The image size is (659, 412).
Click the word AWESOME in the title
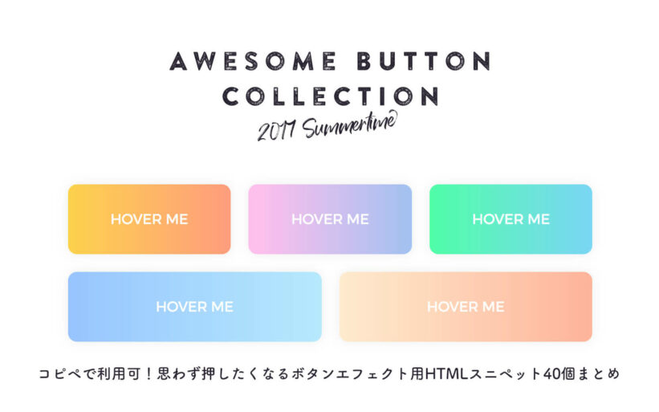[x=253, y=61]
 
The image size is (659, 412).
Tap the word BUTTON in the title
[x=424, y=61]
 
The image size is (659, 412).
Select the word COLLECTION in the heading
[x=331, y=96]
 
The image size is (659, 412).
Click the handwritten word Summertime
[x=350, y=124]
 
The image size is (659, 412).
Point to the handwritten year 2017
[x=276, y=131]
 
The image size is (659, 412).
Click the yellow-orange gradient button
[x=149, y=219]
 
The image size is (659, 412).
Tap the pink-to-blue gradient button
[x=330, y=219]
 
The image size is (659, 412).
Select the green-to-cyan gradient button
[x=511, y=219]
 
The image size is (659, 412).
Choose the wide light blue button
[x=194, y=307]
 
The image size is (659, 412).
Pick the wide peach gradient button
[x=466, y=307]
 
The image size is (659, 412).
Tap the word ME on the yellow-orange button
[x=177, y=219]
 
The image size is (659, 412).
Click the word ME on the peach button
[x=494, y=307]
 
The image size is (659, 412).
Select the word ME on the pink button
[x=358, y=219]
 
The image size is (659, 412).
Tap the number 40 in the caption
[x=551, y=373]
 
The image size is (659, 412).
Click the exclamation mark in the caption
[x=148, y=373]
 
